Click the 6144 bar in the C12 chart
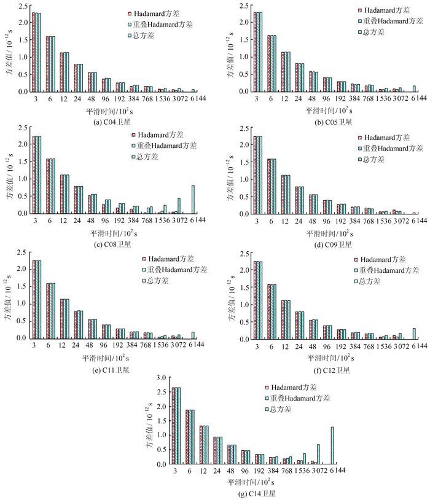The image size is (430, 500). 414,333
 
